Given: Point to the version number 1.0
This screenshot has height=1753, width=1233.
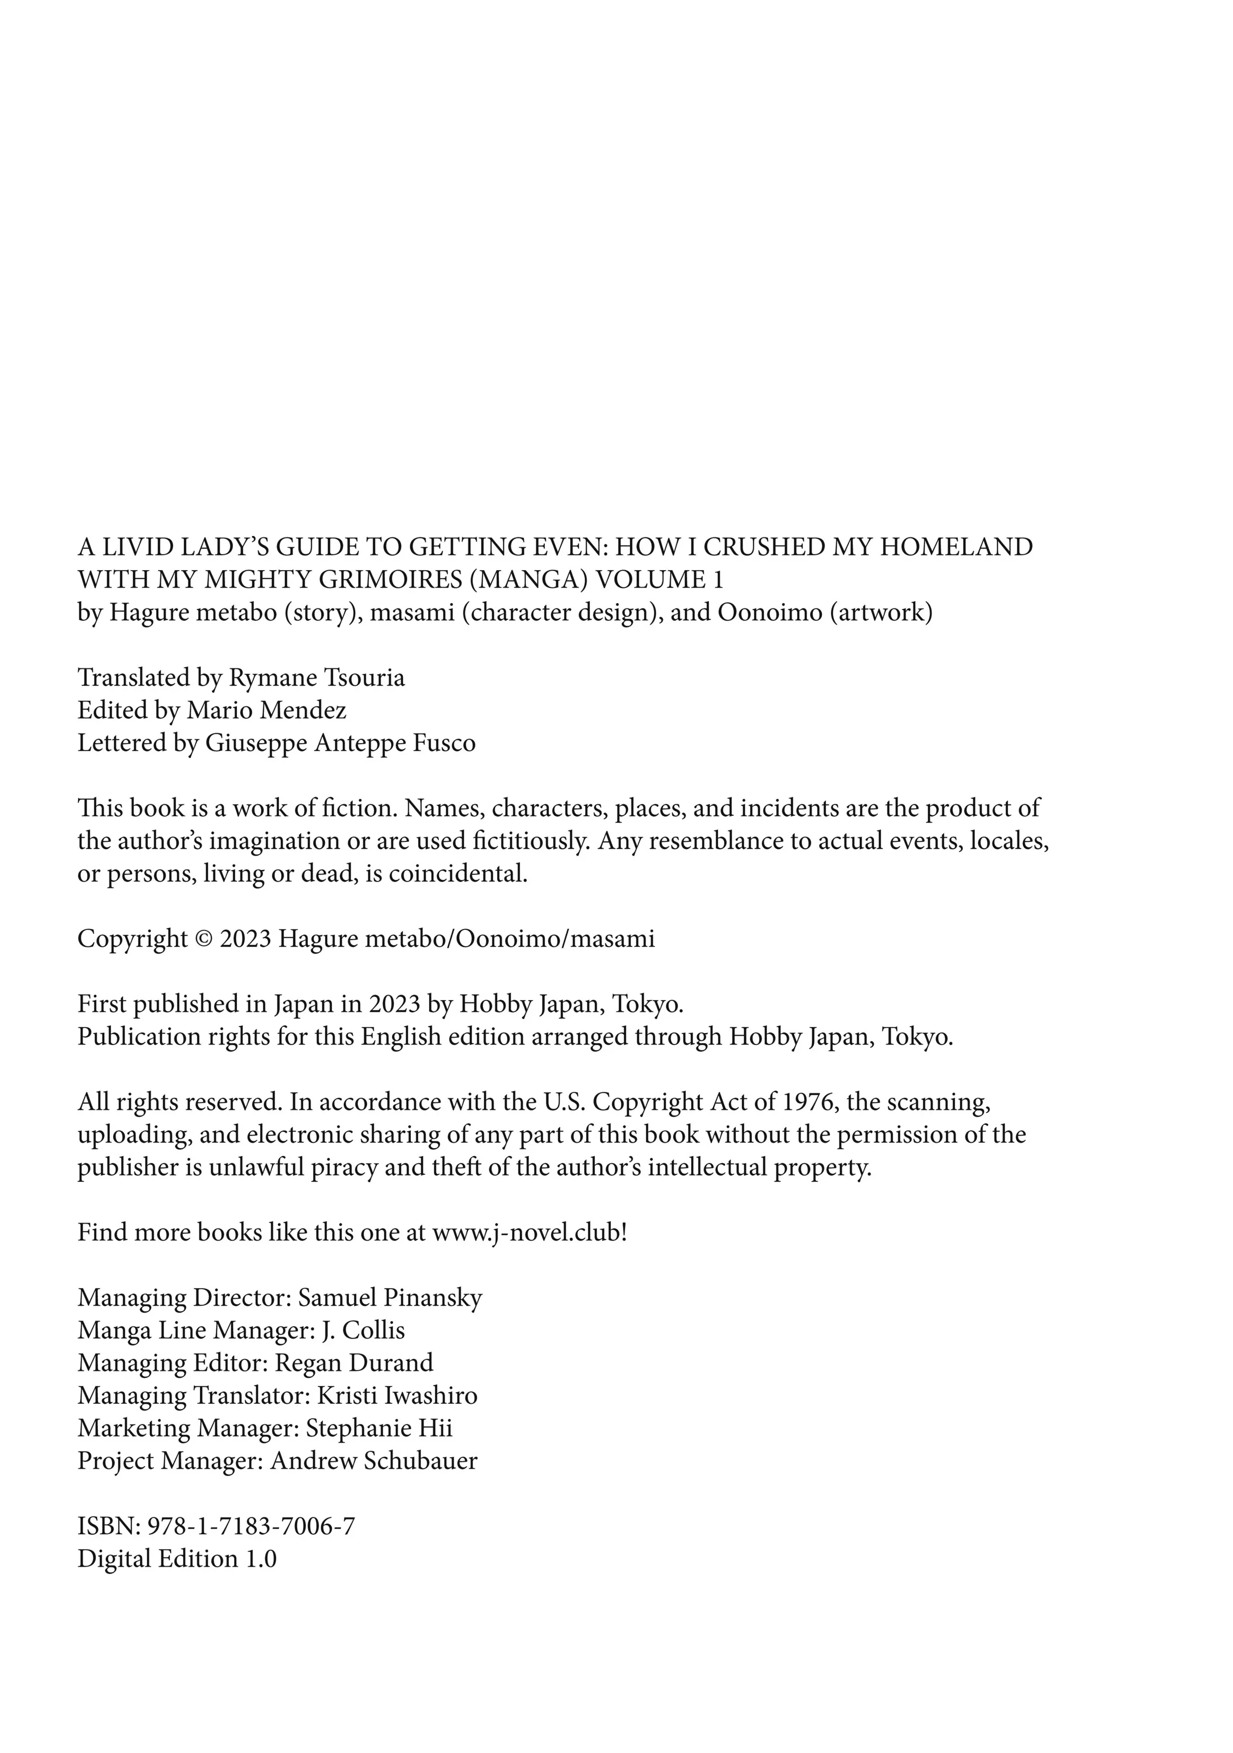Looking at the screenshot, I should click(x=261, y=1558).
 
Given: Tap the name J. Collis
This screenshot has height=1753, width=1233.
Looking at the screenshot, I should click(x=364, y=1331).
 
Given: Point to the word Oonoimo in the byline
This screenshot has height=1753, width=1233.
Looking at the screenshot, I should click(x=770, y=613).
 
